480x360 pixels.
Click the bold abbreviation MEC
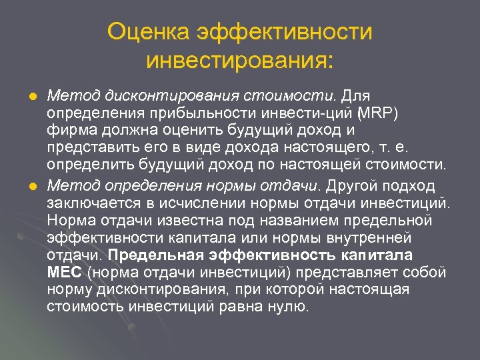pos(65,273)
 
